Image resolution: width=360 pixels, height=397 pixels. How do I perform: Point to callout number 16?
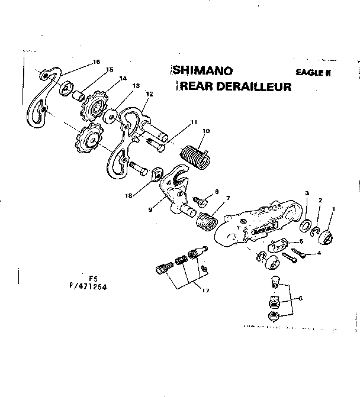tap(97, 62)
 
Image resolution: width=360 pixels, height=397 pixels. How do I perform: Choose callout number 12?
tap(149, 93)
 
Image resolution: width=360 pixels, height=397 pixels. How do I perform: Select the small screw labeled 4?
tap(295, 256)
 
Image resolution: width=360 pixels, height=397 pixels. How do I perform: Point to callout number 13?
tap(136, 86)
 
